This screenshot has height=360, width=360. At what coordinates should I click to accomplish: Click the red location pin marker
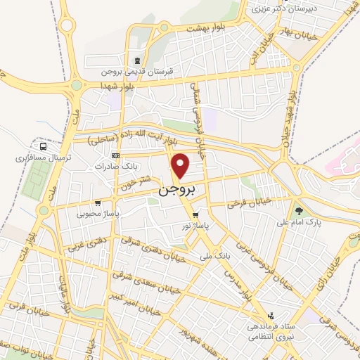pyautogui.click(x=181, y=165)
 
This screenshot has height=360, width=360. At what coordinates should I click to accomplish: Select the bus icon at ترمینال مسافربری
pyautogui.click(x=44, y=147)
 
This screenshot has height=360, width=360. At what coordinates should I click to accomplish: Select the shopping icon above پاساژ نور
pyautogui.click(x=195, y=215)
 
